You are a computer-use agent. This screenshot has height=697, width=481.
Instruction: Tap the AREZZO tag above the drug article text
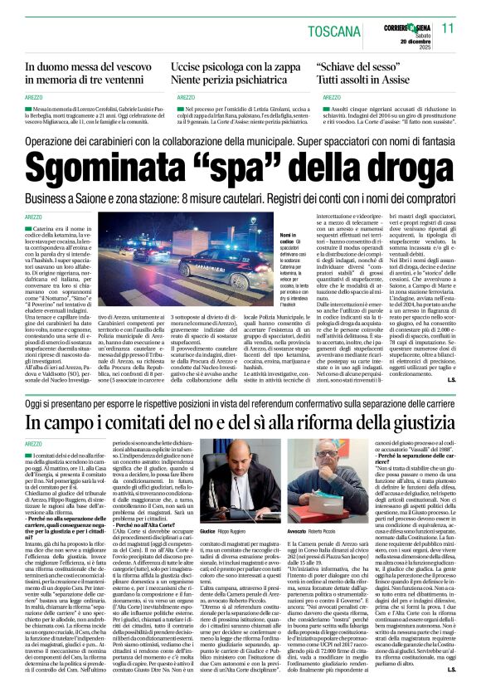(x=36, y=217)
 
